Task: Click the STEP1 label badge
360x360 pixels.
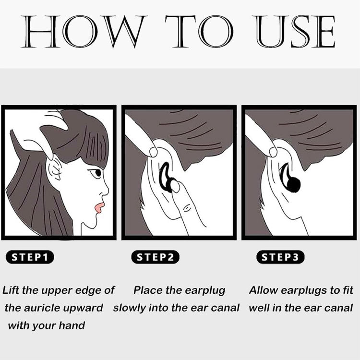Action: click(x=30, y=257)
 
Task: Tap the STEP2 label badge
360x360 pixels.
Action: click(x=155, y=257)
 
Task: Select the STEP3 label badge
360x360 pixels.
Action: click(x=280, y=257)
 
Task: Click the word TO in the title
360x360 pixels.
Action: click(x=199, y=32)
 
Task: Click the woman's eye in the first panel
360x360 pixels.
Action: click(x=97, y=173)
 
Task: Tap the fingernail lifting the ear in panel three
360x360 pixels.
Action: click(x=273, y=152)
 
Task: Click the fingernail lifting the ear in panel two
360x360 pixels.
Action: click(x=153, y=152)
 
